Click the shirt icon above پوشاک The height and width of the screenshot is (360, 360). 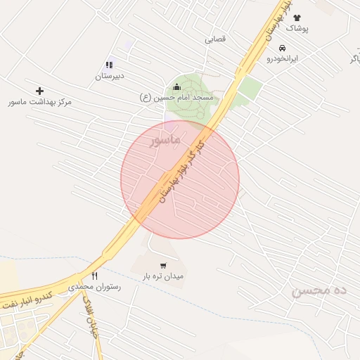tap(296, 18)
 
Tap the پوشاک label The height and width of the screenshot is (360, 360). tap(297, 28)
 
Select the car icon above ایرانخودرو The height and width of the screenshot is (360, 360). tap(282, 49)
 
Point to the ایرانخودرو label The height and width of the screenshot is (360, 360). tap(282, 58)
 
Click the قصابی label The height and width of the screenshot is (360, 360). tap(215, 39)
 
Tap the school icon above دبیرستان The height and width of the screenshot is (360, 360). tap(109, 65)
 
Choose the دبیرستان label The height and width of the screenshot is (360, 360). tap(110, 75)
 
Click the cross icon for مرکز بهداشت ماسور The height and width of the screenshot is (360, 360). tap(39, 91)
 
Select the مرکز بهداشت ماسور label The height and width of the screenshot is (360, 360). tap(40, 102)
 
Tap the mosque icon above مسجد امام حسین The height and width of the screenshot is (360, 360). tap(186, 86)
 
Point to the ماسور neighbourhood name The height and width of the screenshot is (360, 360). tap(166, 140)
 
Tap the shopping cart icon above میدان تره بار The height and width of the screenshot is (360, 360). tap(163, 266)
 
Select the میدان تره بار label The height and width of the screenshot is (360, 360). tap(163, 276)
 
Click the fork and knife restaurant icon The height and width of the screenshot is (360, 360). tap(95, 276)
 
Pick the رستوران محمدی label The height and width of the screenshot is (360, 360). tap(95, 287)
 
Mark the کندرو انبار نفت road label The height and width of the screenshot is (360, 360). tap(26, 298)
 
